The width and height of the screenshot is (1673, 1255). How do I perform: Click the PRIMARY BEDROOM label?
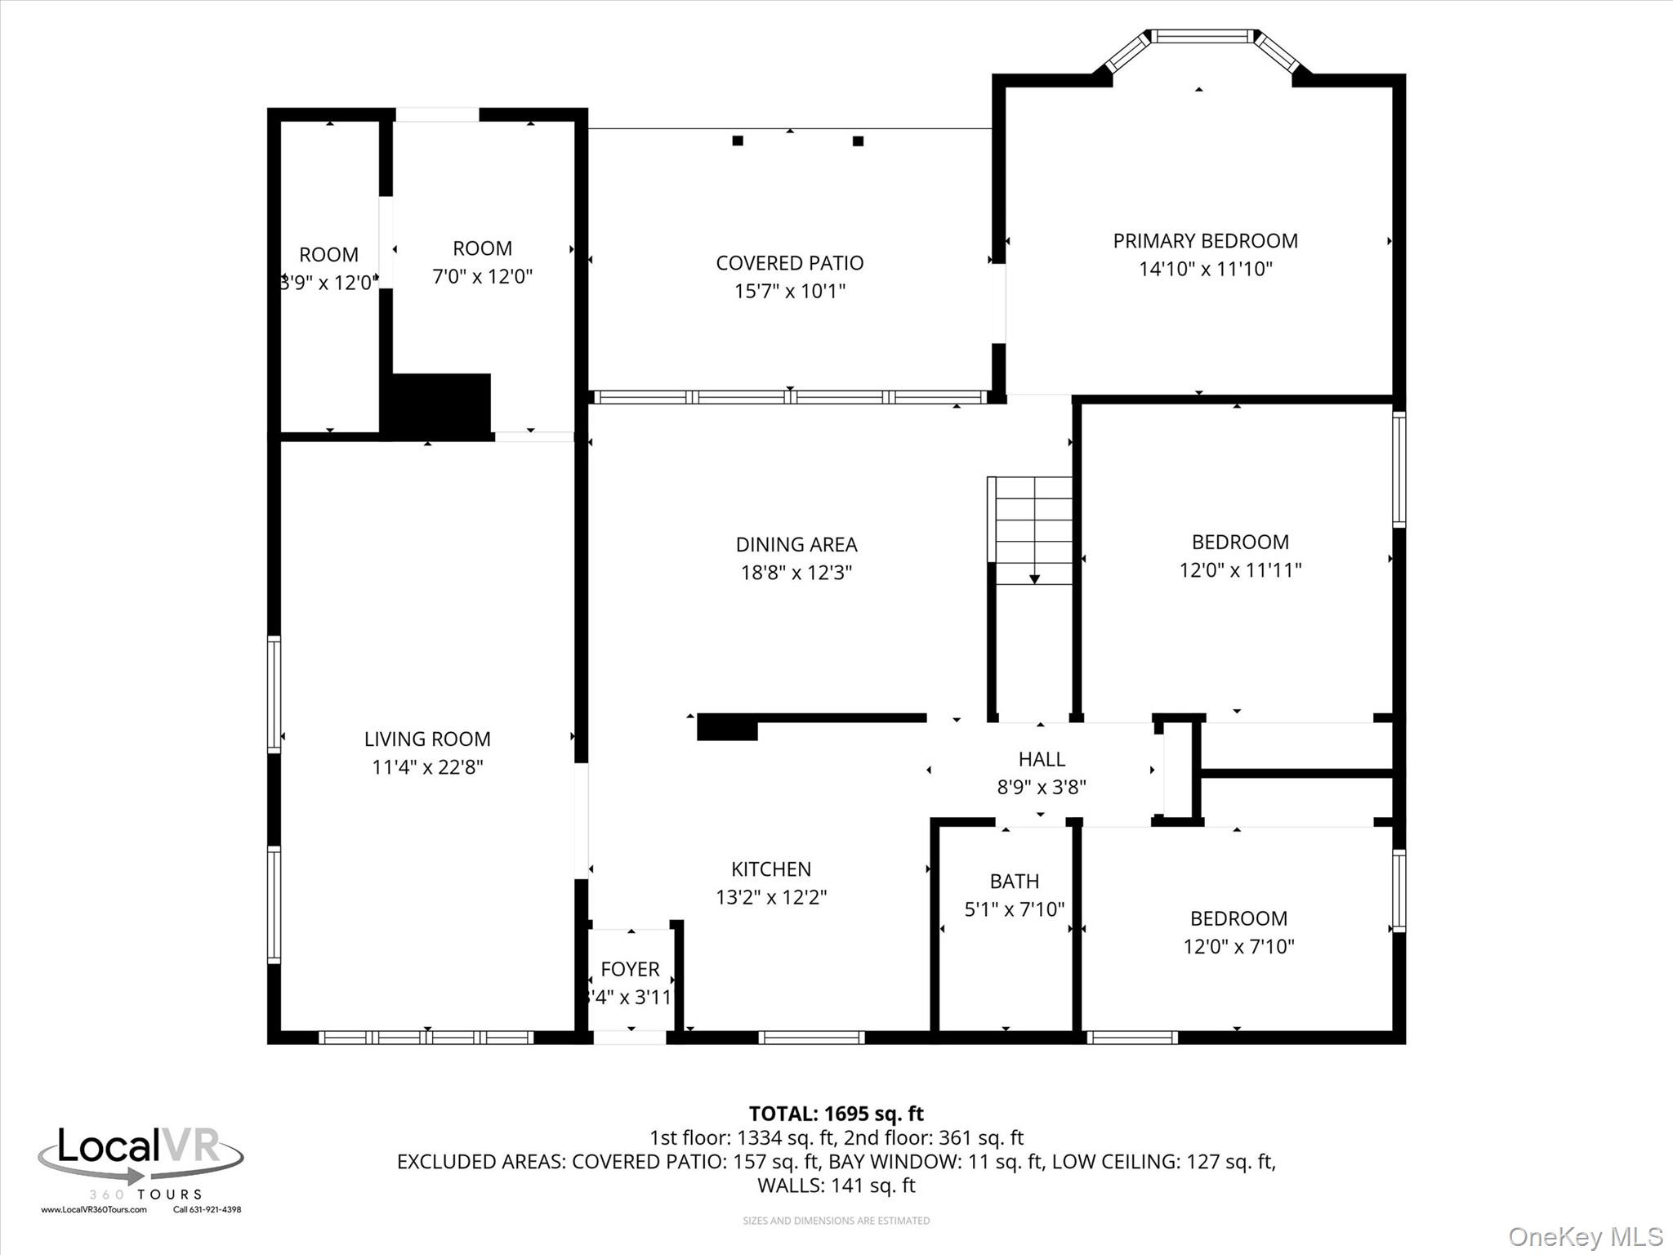point(1205,241)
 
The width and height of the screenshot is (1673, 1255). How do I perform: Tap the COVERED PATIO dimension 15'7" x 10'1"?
point(789,291)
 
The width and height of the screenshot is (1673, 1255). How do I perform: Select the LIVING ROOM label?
point(427,739)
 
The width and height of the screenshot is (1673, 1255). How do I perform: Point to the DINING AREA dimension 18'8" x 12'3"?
point(796,573)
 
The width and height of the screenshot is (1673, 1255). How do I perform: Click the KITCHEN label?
point(770,869)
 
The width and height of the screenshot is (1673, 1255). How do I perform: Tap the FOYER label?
point(630,969)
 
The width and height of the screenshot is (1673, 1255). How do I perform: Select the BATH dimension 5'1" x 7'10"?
point(1014,909)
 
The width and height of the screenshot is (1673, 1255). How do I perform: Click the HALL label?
point(1042,759)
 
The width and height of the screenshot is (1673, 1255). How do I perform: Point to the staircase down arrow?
point(1034,578)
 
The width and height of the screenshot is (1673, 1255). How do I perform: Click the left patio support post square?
point(738,141)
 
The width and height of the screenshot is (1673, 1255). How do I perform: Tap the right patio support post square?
point(858,141)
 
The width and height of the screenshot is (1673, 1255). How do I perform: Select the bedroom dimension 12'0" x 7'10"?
point(1238,946)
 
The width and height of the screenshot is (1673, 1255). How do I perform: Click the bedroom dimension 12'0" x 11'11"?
point(1239,569)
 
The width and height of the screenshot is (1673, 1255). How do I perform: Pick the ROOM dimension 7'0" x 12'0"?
point(482,276)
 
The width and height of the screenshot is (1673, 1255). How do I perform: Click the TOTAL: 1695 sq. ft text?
point(836,1114)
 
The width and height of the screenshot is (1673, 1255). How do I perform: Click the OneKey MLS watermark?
point(1585,1236)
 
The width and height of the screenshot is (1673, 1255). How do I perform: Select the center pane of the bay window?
point(1199,36)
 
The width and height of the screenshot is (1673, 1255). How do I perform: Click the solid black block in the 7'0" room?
point(438,404)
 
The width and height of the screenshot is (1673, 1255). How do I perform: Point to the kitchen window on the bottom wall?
point(810,1038)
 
